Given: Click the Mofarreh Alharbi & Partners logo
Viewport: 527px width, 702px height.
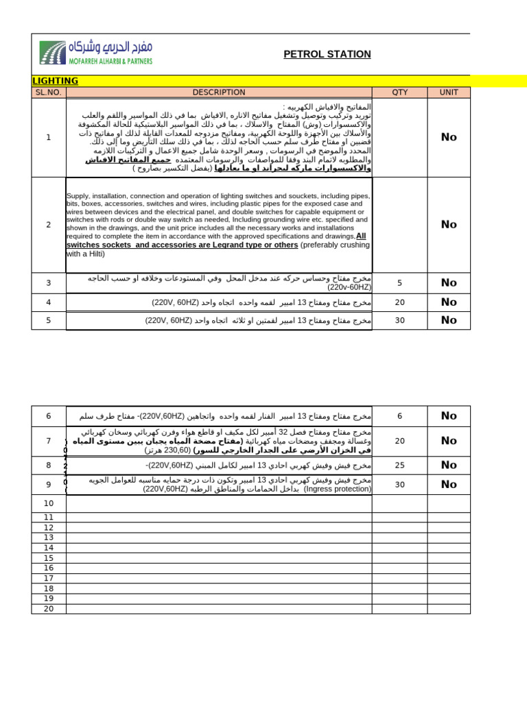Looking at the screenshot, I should [x=96, y=53].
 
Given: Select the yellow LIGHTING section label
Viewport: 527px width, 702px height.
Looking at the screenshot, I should [x=56, y=81].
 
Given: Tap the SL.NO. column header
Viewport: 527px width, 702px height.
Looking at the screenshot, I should [x=49, y=93].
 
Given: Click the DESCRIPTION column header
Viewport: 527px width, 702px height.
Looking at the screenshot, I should [x=219, y=93].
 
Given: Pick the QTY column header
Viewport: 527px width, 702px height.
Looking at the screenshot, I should [x=399, y=93].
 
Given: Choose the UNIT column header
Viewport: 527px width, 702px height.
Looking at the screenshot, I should [x=449, y=93].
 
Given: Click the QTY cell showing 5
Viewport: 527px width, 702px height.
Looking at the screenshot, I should [x=399, y=282].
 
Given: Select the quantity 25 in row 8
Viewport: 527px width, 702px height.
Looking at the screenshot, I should [x=399, y=465].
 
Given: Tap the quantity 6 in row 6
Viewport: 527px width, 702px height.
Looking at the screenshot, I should [x=399, y=416].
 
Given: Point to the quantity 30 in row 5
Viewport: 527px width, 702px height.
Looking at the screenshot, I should [x=399, y=320].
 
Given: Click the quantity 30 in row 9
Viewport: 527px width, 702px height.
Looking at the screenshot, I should [x=399, y=485].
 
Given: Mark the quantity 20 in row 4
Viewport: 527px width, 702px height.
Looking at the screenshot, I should [x=399, y=302].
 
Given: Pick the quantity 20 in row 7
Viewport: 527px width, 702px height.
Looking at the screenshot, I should [x=399, y=441].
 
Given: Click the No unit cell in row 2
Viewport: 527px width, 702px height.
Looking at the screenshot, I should [x=449, y=224].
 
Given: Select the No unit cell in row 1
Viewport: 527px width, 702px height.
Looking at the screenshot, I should [x=449, y=137].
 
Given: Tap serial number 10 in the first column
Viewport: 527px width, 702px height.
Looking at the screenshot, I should [x=49, y=504].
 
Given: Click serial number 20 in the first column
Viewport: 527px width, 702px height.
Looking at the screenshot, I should [x=49, y=609].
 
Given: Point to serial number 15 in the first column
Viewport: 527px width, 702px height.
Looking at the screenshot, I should [x=49, y=558].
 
